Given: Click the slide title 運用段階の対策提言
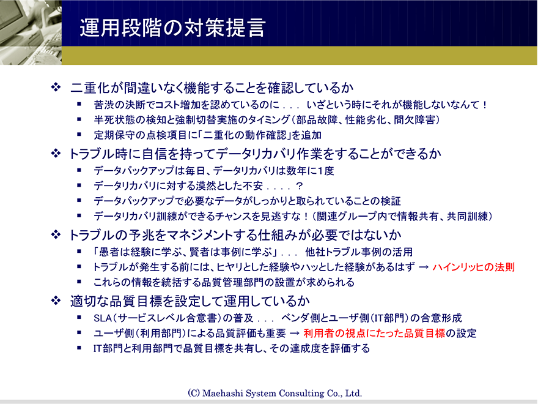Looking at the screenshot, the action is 172,28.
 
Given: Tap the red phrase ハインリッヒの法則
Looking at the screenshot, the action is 473,267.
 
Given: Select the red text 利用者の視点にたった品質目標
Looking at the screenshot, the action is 374,333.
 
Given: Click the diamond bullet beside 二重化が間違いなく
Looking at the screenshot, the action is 56,87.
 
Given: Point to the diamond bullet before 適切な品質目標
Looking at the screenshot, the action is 56,301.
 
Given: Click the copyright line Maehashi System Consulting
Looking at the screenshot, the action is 275,393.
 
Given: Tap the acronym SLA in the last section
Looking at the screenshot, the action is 102,318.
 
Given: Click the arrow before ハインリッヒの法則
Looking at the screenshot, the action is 424,267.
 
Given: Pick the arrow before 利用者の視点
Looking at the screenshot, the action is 295,333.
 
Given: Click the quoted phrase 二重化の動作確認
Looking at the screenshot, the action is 245,135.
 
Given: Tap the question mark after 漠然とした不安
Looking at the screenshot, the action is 299,186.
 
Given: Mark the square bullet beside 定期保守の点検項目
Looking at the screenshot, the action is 79,135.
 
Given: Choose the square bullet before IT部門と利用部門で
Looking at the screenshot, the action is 79,348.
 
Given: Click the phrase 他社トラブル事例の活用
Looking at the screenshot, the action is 359,252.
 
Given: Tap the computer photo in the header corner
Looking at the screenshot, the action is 31,32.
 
